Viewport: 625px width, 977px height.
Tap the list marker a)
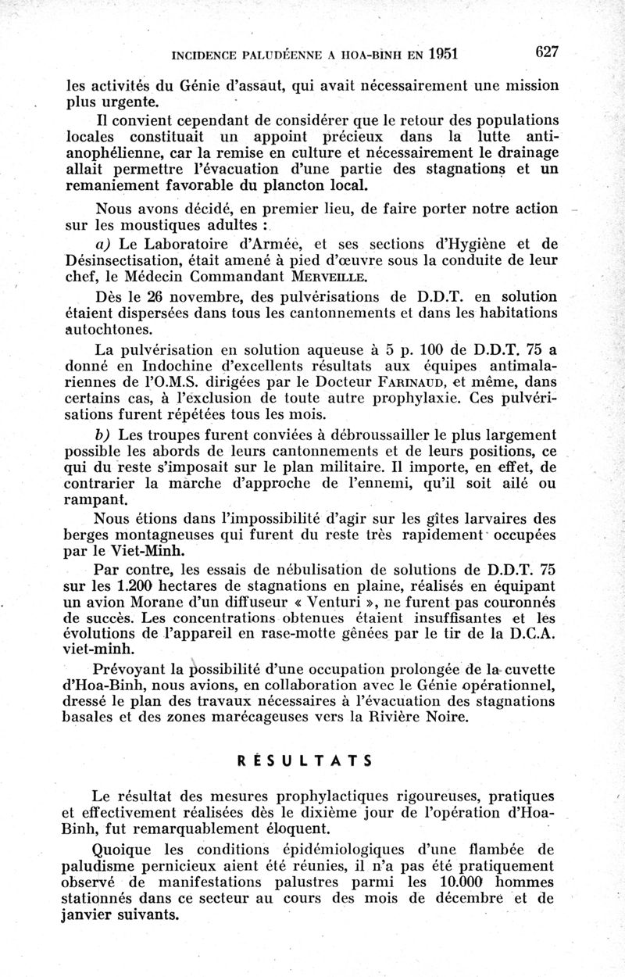pos(106,244)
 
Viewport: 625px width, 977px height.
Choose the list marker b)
pos(105,435)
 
